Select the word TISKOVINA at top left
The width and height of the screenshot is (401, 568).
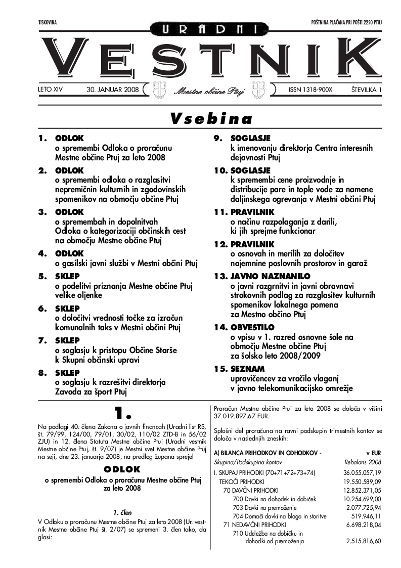[47, 22]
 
